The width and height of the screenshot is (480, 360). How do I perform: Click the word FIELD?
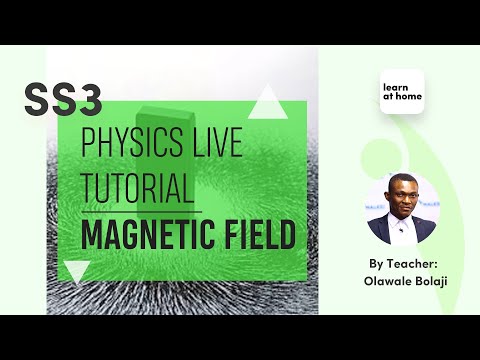point(258,235)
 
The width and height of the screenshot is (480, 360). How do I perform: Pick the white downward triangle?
point(76,271)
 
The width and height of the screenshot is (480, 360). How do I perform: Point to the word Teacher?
point(412,263)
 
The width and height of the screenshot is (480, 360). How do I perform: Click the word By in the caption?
point(376,263)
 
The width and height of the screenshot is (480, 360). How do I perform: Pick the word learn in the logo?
point(396,87)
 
